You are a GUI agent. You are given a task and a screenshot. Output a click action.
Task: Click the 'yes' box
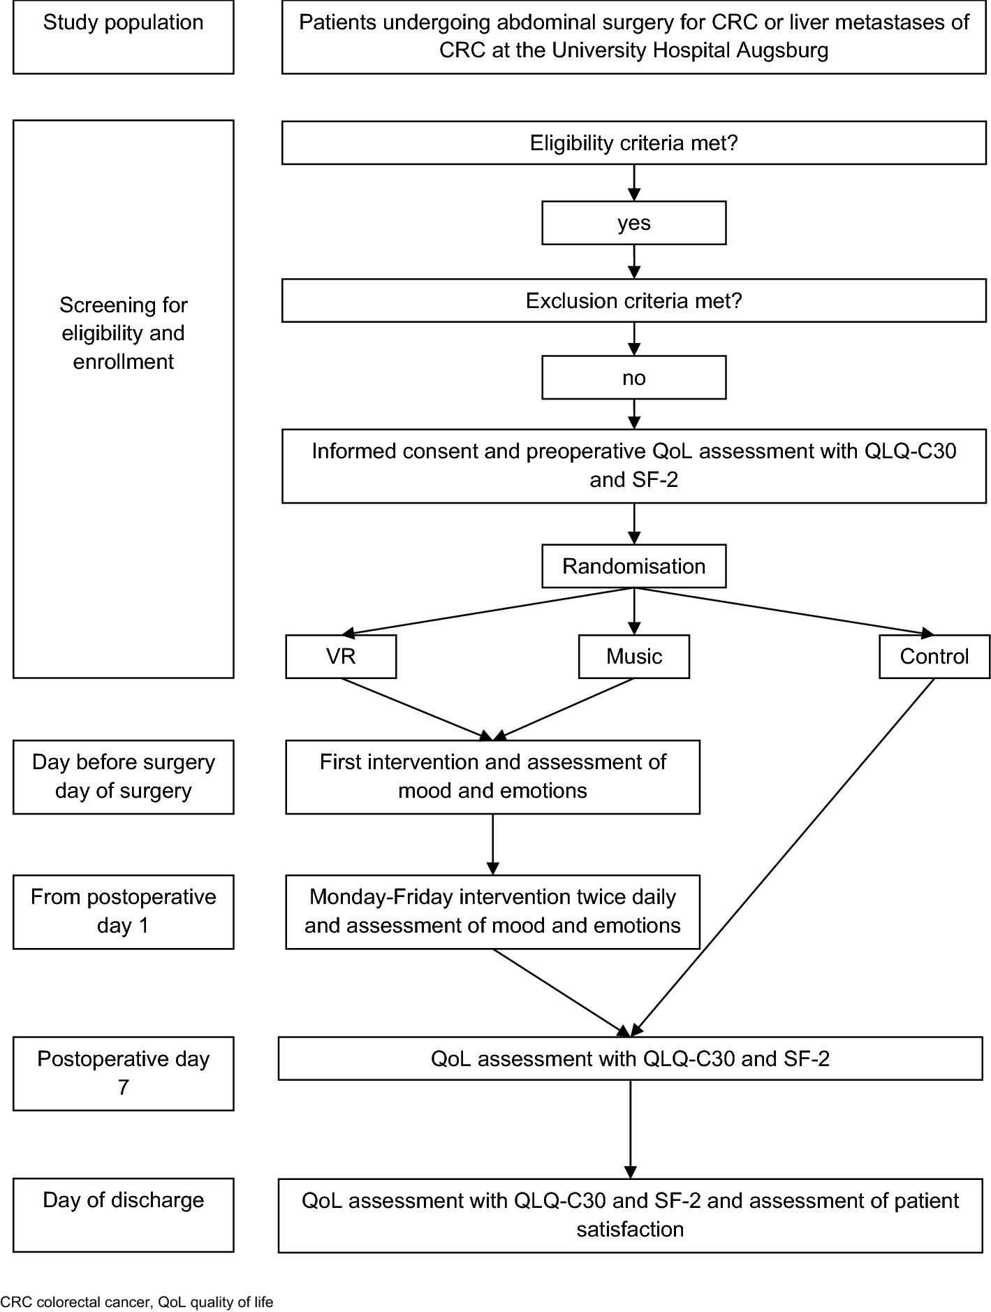633,223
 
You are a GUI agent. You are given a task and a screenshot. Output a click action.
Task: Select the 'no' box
633,378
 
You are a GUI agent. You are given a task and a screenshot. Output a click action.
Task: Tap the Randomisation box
633,566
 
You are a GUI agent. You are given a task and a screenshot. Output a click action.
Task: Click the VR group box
341,656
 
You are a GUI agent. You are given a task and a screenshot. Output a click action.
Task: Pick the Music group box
633,656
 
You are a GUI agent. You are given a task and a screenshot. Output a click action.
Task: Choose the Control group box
934,656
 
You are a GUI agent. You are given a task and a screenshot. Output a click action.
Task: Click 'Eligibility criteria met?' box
633,143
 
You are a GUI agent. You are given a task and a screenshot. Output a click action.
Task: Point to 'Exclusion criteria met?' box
633,301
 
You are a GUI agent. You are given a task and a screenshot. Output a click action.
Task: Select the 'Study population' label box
123,37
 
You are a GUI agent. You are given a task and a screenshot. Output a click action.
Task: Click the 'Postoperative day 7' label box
123,1073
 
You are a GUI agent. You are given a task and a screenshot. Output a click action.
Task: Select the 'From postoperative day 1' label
123,911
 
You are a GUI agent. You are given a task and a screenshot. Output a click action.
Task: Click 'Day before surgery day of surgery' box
123,776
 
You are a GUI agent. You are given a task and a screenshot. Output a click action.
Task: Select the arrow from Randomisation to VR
489,611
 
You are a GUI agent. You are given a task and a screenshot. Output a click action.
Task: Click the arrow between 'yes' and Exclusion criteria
633,262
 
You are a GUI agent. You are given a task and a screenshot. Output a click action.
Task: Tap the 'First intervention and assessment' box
492,776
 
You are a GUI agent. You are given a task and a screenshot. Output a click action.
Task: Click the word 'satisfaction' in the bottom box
630,1229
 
